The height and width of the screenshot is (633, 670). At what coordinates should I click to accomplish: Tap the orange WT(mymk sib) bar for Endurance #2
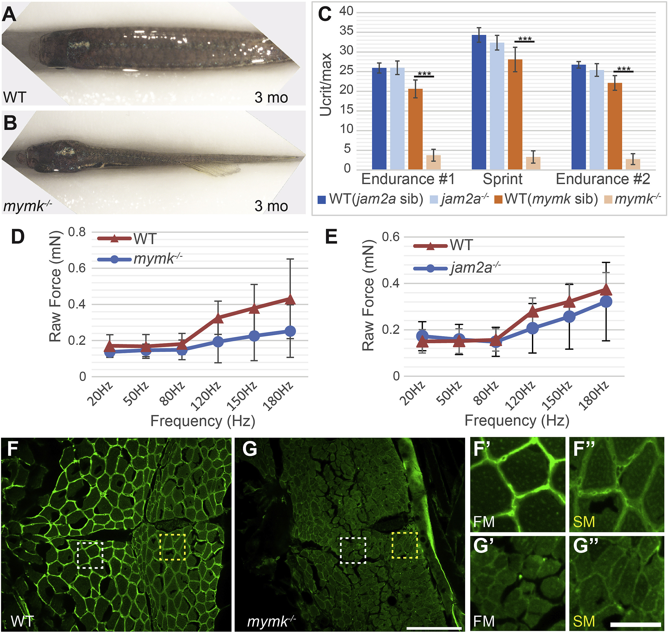[615, 126]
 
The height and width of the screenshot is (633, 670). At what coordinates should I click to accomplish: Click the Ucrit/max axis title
[326, 84]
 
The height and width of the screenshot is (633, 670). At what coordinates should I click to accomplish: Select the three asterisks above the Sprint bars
[524, 39]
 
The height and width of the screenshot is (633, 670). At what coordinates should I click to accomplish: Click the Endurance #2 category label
[603, 179]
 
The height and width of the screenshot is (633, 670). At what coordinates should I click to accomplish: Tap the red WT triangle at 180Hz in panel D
[290, 299]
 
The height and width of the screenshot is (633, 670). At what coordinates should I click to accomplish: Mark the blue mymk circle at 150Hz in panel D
[254, 336]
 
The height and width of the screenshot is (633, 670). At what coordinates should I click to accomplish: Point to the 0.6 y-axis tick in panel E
[391, 237]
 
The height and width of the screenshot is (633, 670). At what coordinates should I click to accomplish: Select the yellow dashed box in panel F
[172, 547]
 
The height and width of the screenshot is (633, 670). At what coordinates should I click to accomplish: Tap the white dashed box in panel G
[353, 550]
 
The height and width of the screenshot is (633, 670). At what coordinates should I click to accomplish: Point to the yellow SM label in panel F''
[584, 522]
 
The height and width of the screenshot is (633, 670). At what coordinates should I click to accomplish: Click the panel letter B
[10, 123]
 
